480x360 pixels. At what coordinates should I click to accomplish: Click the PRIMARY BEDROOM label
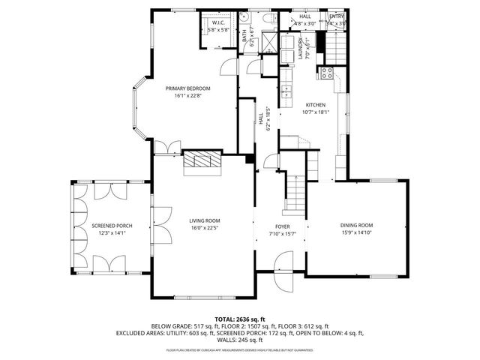(182, 88)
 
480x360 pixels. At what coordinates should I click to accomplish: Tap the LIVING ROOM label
(204, 220)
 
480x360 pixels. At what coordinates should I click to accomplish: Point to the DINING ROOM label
(356, 225)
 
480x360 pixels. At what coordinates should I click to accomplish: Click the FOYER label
(282, 226)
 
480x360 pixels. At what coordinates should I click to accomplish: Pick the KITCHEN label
(315, 105)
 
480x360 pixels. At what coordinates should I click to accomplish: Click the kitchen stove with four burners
(328, 73)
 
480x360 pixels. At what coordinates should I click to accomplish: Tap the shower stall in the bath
(271, 41)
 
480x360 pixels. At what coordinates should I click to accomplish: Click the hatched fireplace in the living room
(203, 160)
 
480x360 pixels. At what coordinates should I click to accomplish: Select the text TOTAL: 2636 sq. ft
(239, 319)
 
